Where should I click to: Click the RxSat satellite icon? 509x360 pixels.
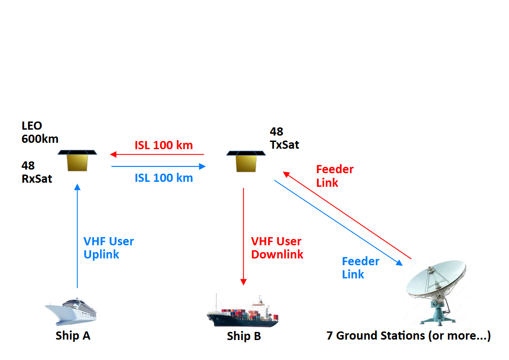(78, 161)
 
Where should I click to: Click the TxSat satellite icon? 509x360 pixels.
(246, 161)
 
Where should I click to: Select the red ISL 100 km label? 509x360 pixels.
(164, 146)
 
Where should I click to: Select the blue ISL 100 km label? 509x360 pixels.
(164, 178)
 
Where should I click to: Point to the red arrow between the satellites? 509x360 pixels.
(157, 155)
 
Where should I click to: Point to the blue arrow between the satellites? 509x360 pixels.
(158, 166)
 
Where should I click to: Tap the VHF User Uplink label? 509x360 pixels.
(109, 248)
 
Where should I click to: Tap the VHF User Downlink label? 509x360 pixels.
(277, 248)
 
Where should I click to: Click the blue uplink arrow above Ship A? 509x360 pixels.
(77, 236)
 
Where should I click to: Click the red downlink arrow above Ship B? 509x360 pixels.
(243, 236)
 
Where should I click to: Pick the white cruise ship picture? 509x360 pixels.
(72, 311)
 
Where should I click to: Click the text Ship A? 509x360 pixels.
(73, 336)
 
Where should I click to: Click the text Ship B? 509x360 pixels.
(244, 336)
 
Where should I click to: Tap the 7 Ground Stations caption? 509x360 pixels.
(408, 336)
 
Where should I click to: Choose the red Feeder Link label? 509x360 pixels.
(334, 176)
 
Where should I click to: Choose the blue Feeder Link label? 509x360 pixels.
(360, 268)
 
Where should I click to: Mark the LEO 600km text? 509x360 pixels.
(40, 132)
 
